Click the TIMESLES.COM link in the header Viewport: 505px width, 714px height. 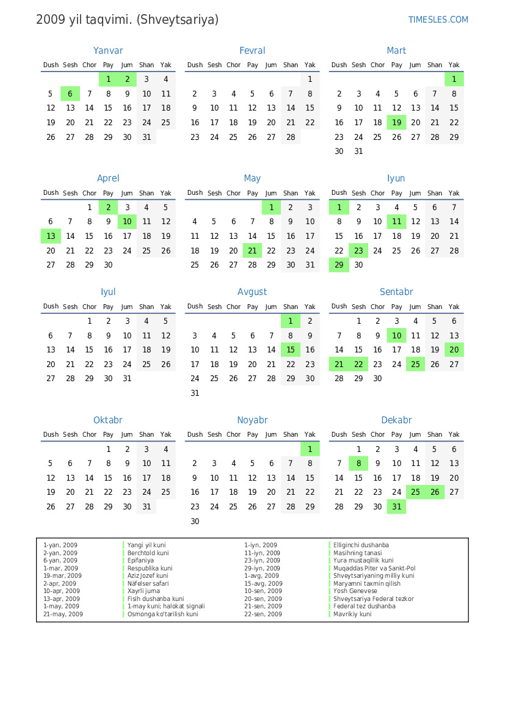tap(438, 20)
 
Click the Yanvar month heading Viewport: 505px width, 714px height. tap(108, 51)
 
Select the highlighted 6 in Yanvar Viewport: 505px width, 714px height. tap(70, 94)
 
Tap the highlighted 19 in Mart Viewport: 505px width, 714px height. tap(397, 123)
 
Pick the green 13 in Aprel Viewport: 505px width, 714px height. tap(51, 236)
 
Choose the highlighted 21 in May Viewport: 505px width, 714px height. tap(252, 251)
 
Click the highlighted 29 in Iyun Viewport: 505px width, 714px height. tap(339, 265)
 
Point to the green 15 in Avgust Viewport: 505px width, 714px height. tap(291, 350)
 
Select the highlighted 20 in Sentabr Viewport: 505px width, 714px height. tap(454, 350)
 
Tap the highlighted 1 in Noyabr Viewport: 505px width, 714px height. tap(310, 450)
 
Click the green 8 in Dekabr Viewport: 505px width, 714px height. tap(358, 464)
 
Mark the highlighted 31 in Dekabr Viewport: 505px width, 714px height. tap(397, 507)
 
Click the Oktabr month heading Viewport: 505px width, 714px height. tap(108, 420)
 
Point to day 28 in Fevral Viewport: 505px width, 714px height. tap(291, 137)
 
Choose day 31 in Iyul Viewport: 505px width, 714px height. tap(127, 379)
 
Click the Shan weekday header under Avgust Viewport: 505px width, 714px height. tap(291, 307)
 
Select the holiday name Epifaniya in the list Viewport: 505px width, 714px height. tap(140, 561)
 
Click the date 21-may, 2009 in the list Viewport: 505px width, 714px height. tap(63, 614)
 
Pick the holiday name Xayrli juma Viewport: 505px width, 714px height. tap(144, 591)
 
